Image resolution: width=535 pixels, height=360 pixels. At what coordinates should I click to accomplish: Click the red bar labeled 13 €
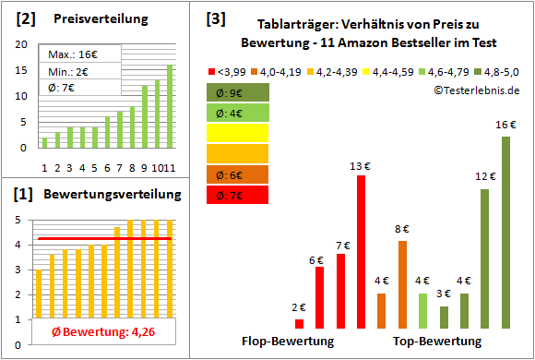tap(361, 251)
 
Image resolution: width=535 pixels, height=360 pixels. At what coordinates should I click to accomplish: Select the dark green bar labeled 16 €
tap(505, 232)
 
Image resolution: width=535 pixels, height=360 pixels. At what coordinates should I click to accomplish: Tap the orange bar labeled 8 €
tap(403, 283)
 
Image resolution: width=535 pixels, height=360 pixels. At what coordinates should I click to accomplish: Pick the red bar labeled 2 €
tap(299, 323)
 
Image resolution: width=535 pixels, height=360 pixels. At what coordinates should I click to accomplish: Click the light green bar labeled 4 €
tap(423, 310)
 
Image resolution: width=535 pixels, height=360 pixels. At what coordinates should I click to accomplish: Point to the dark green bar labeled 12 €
tap(484, 258)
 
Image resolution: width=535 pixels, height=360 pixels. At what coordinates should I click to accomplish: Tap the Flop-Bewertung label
tap(288, 341)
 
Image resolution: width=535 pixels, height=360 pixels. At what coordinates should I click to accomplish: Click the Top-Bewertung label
tap(437, 341)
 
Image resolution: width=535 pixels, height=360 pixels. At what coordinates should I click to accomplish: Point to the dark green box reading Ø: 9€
tap(239, 92)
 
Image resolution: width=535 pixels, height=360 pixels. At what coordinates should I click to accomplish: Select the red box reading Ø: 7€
tap(239, 195)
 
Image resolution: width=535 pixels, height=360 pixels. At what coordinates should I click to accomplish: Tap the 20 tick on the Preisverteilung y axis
tap(24, 43)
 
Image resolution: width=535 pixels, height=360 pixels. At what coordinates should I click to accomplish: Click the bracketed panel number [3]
tap(215, 18)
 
